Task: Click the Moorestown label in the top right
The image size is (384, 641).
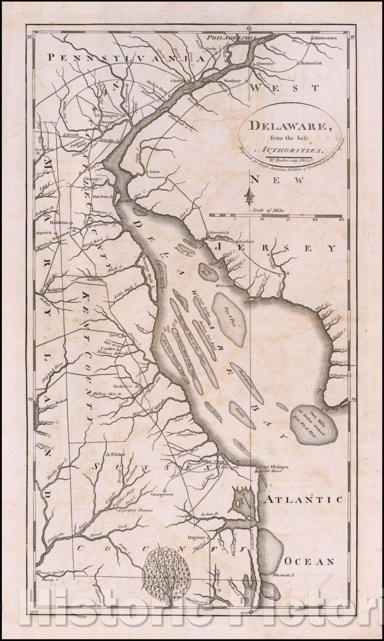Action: click(325, 38)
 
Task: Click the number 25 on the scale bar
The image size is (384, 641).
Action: click(341, 219)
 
